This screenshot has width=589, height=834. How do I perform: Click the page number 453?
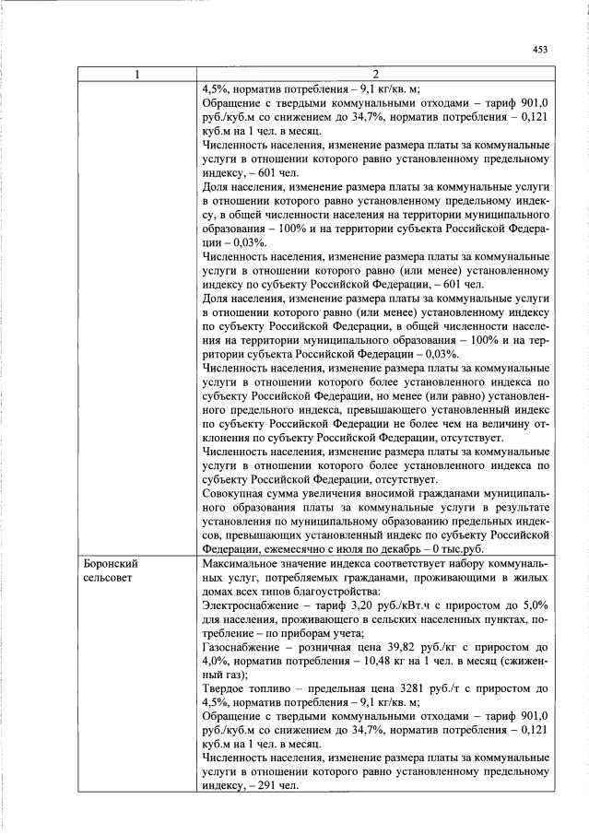540,52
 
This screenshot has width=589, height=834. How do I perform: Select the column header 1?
137,75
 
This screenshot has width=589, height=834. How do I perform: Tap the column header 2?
376,75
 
